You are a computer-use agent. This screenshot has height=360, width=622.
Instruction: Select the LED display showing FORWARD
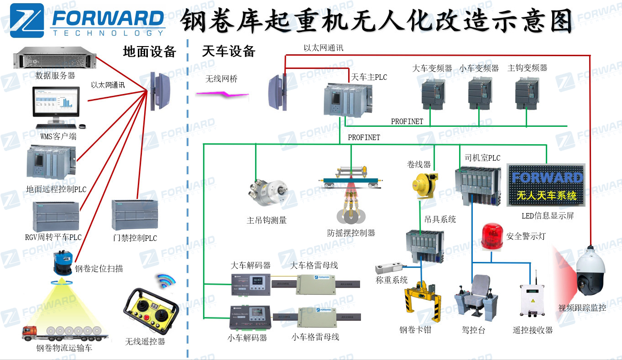pos(546,185)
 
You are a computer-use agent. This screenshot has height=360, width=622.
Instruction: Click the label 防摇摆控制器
pos(351,233)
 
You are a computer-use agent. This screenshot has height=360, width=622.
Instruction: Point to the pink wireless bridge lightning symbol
pos(222,94)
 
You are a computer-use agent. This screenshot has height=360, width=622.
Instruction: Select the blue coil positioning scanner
pos(62,264)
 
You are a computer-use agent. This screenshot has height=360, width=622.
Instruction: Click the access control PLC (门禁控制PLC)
pos(134,215)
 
